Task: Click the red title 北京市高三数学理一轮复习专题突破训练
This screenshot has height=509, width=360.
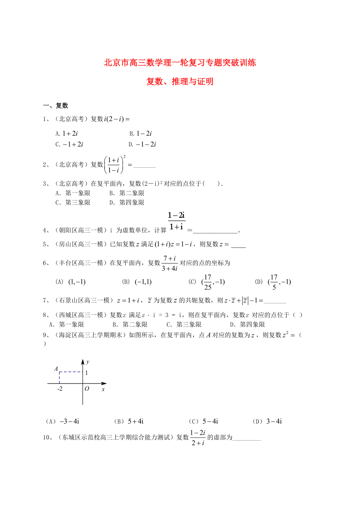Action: click(180, 63)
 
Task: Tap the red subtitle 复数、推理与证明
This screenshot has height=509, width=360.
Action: click(180, 82)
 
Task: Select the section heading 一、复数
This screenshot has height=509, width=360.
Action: click(56, 105)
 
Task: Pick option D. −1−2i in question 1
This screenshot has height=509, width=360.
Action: click(143, 144)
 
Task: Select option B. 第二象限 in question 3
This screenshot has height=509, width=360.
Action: click(127, 193)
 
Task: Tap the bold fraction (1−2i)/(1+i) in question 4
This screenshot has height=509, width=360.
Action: click(176, 221)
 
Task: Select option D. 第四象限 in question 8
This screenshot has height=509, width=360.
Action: click(247, 324)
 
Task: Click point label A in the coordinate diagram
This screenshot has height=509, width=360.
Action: click(56, 369)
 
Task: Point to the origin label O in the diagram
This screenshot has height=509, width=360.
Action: click(87, 389)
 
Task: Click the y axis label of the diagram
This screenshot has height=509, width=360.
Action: click(88, 362)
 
